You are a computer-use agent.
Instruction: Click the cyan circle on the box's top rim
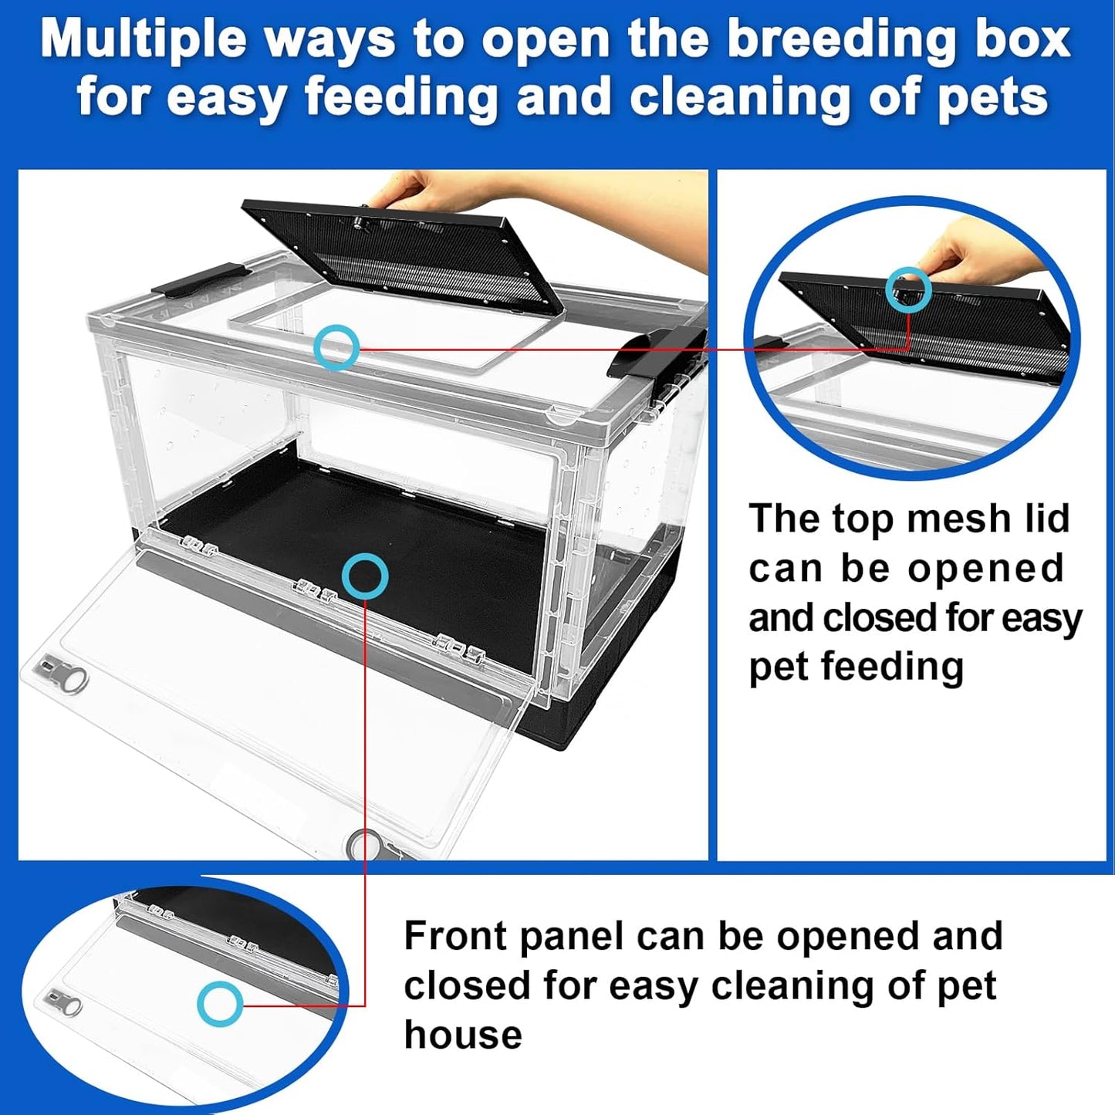click(336, 347)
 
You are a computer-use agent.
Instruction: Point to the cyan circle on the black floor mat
click(364, 576)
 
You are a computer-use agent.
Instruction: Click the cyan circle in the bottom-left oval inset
click(220, 1004)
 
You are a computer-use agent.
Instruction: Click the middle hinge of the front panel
click(316, 592)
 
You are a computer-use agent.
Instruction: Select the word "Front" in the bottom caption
click(454, 936)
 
